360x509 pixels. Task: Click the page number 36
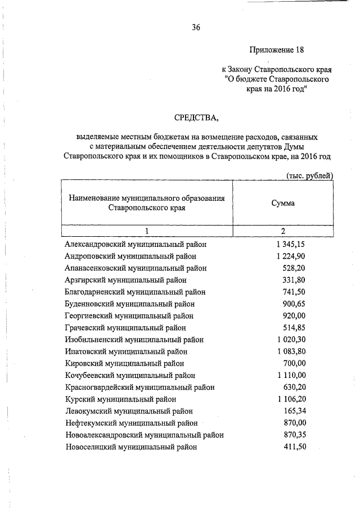tap(196, 27)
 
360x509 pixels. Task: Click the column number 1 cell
tap(146, 231)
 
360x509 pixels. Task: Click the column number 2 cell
tap(283, 231)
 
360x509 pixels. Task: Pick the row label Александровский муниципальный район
tap(136, 245)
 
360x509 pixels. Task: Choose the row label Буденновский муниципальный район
tap(130, 304)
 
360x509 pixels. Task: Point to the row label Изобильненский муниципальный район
tap(134, 339)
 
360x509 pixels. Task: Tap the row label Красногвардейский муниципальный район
tap(140, 387)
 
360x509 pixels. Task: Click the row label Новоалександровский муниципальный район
tap(145, 435)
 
